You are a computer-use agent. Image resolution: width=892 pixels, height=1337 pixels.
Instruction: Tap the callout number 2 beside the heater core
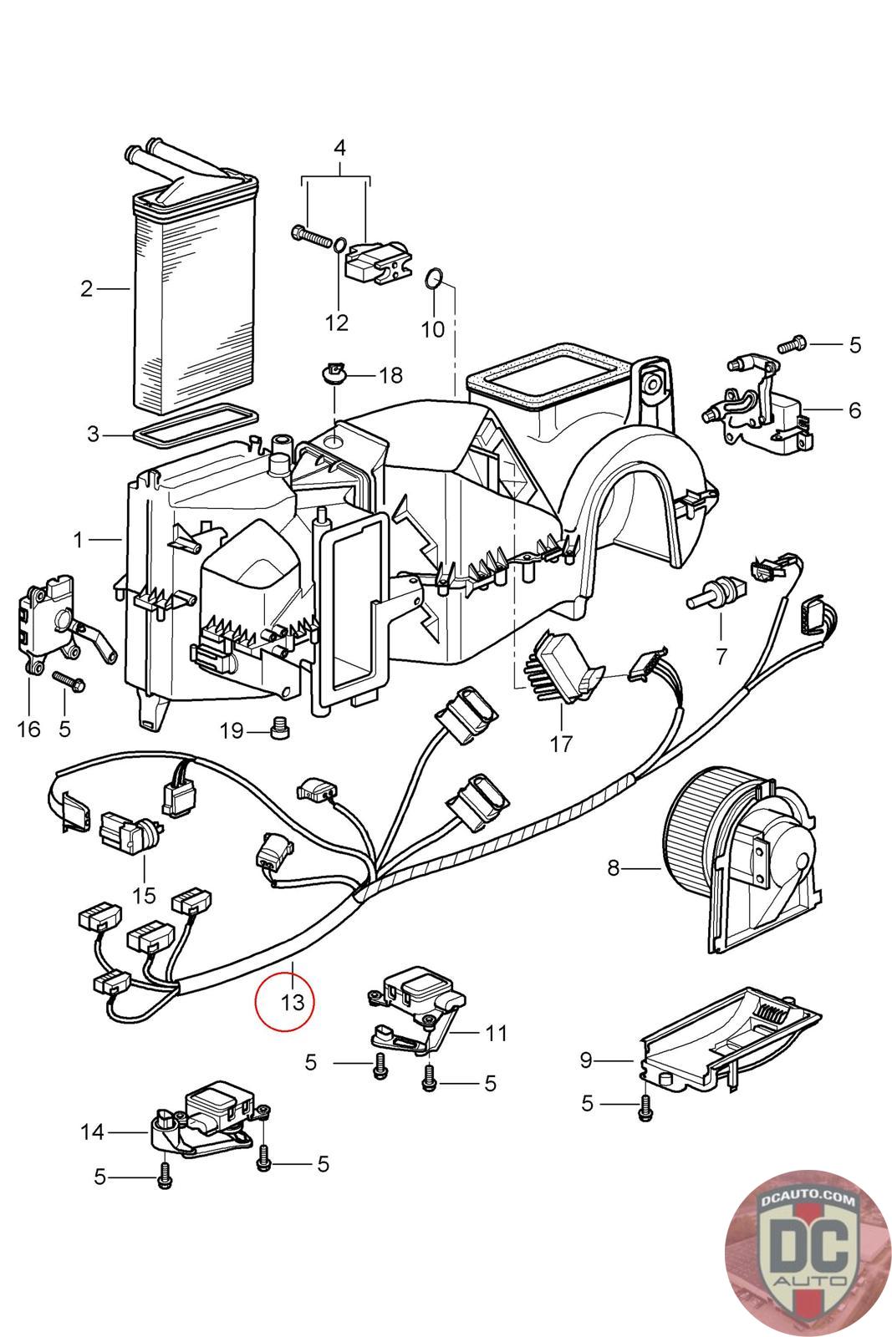point(87,289)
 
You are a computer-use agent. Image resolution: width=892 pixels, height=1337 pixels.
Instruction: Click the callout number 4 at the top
point(339,148)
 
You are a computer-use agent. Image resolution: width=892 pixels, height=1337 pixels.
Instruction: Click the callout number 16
point(28,730)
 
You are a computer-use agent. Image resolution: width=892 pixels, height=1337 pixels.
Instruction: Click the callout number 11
point(497,1034)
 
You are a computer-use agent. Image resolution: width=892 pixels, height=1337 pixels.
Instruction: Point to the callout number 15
point(144,895)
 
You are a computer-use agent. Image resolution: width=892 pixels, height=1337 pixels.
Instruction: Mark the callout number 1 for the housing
point(79,541)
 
